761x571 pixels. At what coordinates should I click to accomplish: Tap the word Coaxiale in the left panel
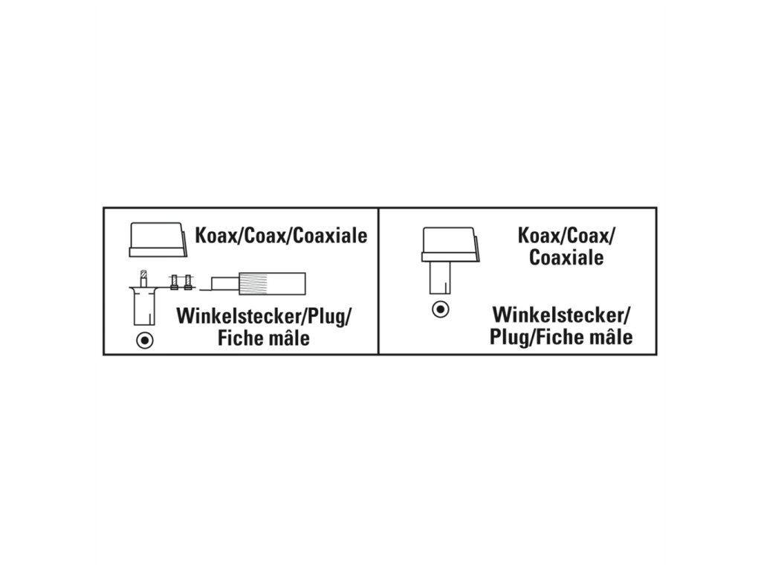[326, 236]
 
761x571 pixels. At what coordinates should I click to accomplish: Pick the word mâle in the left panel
[290, 339]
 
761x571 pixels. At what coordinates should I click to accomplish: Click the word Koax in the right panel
[537, 236]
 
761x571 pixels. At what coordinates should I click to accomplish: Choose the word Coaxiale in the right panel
[566, 258]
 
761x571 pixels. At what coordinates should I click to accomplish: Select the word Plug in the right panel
[508, 337]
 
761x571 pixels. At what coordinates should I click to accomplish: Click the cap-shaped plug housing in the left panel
[158, 239]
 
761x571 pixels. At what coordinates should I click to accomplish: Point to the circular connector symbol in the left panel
[144, 341]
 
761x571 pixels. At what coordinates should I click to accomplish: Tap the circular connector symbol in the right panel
[440, 309]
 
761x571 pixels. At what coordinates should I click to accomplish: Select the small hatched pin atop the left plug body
[143, 280]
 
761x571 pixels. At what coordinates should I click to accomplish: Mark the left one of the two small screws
[174, 282]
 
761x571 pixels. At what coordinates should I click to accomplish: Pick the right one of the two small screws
[188, 282]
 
